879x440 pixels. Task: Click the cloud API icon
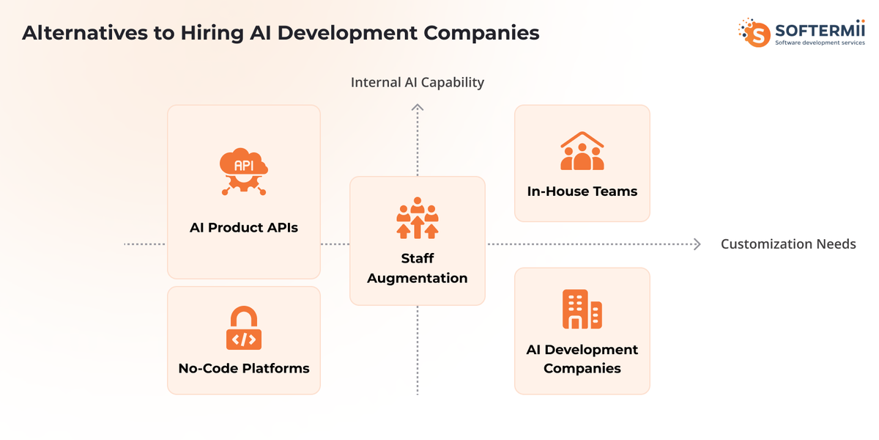[244, 172]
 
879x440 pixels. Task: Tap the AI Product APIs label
[244, 227]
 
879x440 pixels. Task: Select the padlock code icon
[244, 328]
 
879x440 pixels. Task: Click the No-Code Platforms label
[244, 368]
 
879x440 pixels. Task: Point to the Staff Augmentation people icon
[417, 218]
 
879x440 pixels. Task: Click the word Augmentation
[417, 279]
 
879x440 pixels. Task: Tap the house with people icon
[582, 151]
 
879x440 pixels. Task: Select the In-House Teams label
[582, 191]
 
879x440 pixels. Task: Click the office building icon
[582, 309]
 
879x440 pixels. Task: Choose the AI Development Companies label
[582, 359]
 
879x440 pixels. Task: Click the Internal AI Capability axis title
[417, 82]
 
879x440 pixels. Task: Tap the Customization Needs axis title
[788, 244]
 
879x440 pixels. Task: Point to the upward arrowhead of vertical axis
[417, 107]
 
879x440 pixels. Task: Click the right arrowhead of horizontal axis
[697, 244]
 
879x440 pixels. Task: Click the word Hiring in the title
[212, 33]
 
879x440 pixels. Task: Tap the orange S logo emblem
[754, 33]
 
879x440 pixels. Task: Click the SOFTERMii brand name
[820, 30]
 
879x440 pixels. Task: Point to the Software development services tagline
[820, 43]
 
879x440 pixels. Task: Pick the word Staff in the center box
[417, 258]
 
